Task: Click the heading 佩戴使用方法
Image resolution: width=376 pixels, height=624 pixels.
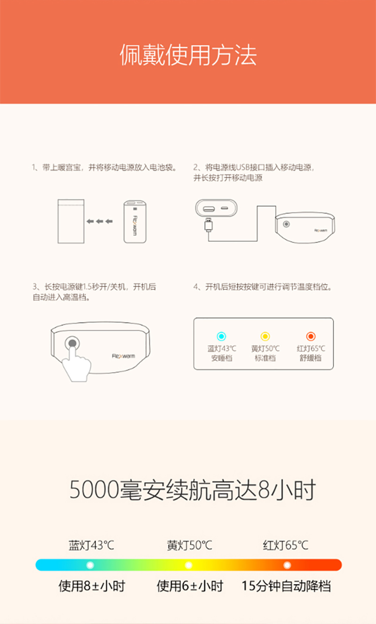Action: pos(188,55)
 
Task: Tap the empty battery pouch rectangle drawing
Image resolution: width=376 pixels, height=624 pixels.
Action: pos(71,221)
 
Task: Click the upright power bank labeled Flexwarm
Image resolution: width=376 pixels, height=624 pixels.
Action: pos(135,221)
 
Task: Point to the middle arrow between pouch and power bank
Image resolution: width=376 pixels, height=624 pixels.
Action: pos(100,221)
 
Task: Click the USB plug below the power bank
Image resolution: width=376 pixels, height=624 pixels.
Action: pos(209,225)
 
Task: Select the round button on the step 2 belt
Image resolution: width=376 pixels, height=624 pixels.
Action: pos(286,224)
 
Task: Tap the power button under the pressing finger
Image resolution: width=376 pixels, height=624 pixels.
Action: pos(72,343)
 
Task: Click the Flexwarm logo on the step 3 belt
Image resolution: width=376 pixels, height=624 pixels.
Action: pos(123,356)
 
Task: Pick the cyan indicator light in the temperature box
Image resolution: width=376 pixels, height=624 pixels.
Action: pos(221,336)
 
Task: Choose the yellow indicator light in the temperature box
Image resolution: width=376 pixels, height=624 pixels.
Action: pos(265,336)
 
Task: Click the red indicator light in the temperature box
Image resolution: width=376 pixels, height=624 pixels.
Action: pos(311,336)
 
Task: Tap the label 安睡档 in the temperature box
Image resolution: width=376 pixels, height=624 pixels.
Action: pos(221,358)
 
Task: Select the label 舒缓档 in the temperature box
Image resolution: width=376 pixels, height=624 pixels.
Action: pos(311,358)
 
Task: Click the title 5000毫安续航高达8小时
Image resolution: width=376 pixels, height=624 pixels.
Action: pos(193,490)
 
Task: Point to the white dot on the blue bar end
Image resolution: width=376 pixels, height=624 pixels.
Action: pos(90,565)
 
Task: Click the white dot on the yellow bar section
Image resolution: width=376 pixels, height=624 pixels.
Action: pos(188,565)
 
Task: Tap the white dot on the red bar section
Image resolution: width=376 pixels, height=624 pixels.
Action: pos(287,565)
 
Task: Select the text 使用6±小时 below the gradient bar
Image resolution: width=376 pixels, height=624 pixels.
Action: pos(190,586)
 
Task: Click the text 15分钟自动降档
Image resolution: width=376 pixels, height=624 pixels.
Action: pos(286,586)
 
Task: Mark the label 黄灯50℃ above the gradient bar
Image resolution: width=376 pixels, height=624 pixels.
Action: pos(189,545)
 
